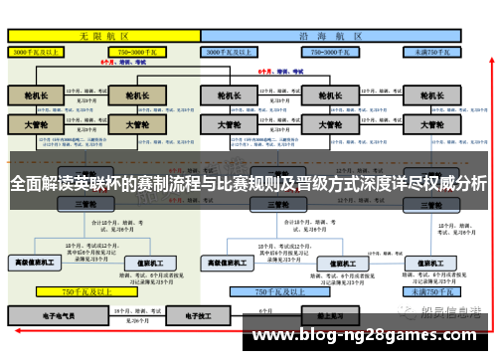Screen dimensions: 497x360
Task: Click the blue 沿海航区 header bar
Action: [x=333, y=34]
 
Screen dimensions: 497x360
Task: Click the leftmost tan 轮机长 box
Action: [x=36, y=95]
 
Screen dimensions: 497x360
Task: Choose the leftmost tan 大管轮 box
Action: [x=36, y=125]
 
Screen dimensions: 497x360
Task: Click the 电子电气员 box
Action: [x=40, y=315]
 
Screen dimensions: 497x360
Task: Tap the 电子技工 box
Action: [x=189, y=315]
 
